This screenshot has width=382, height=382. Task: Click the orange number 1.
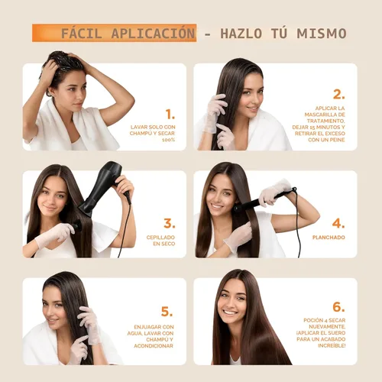point(170,115)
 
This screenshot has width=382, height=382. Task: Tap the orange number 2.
point(338,95)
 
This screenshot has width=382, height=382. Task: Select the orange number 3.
point(170,223)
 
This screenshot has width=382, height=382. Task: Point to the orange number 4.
point(338,224)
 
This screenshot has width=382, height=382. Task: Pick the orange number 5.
point(167,312)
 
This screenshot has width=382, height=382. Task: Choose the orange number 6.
point(338,306)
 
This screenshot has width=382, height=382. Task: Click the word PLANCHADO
point(329,238)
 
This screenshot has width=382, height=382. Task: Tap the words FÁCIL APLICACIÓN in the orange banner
point(128,34)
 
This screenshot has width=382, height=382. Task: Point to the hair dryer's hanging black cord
point(121,229)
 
